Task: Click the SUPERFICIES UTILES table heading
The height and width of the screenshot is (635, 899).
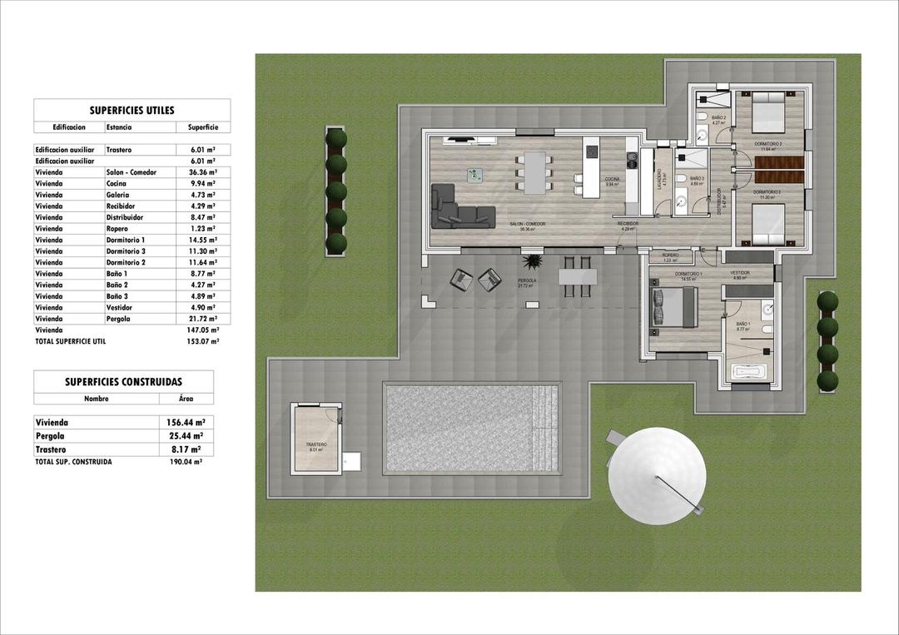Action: pos(132,110)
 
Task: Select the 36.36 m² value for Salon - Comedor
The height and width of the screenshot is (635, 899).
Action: pos(196,172)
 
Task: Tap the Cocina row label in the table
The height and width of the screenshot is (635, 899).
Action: pos(117,183)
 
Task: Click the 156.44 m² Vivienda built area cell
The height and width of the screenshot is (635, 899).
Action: pos(185,422)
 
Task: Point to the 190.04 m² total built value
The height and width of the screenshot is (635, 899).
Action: pos(185,461)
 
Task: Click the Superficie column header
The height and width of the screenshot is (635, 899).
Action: pos(202,127)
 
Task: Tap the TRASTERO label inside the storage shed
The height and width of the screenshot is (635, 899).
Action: pos(315,444)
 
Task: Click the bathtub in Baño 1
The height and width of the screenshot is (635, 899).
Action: pos(748,371)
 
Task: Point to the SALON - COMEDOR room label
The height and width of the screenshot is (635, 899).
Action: pos(527,224)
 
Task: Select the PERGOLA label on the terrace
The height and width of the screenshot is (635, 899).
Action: pos(526,281)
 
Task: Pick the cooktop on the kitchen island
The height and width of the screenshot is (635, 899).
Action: pos(592,151)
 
